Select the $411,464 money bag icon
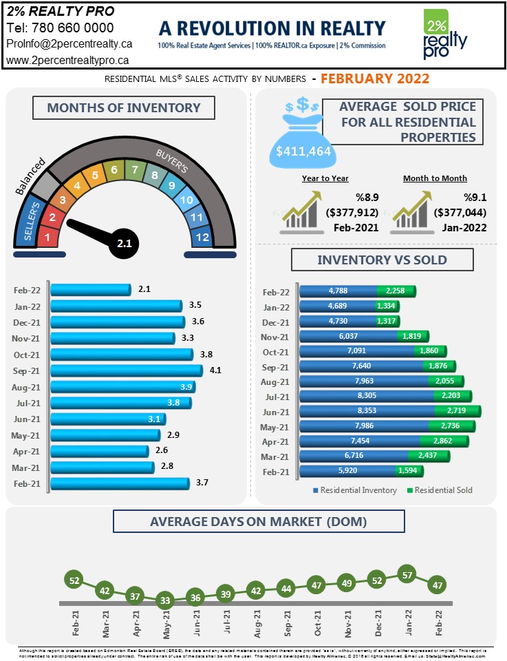pyautogui.click(x=303, y=134)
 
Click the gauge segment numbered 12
pyautogui.click(x=202, y=238)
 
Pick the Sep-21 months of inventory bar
pyautogui.click(x=127, y=370)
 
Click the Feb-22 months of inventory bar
pyautogui.click(x=91, y=290)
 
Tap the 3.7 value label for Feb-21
pyautogui.click(x=202, y=483)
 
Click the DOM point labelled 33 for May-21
pyautogui.click(x=164, y=600)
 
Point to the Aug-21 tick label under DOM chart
pyautogui.click(x=257, y=624)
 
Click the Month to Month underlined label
pyautogui.click(x=435, y=178)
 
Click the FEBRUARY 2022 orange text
pyautogui.click(x=375, y=78)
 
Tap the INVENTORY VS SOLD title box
pyautogui.click(x=382, y=260)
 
